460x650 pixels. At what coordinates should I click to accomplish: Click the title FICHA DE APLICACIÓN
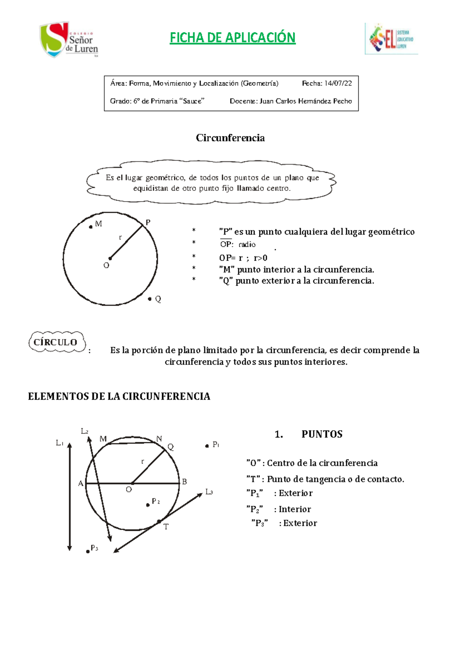point(232,38)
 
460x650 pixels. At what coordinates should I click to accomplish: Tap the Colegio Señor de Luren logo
point(69,40)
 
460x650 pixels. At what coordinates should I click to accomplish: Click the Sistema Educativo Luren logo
point(391,39)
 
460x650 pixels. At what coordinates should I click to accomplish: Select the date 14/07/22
point(338,83)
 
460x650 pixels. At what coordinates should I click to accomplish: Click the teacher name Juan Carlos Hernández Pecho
point(306,101)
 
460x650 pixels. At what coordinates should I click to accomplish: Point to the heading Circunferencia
point(230,138)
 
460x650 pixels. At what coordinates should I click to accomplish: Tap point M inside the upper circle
point(91,227)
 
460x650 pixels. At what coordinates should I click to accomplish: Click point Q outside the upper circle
point(150,299)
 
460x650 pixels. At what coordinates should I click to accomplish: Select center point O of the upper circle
point(110,258)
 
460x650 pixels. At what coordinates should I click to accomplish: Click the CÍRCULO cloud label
point(56,342)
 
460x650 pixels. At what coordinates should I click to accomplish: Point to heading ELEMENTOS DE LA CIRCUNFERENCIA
point(119,396)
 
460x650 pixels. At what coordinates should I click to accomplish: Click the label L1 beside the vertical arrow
point(59,443)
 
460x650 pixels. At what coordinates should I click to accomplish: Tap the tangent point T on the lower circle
point(159,522)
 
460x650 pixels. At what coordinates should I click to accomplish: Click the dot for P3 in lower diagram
point(88,551)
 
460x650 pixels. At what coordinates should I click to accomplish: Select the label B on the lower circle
point(184,482)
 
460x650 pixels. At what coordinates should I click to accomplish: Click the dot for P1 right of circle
point(207,446)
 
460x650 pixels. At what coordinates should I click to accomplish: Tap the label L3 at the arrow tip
point(209,492)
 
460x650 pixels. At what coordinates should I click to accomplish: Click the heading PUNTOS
point(322,434)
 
